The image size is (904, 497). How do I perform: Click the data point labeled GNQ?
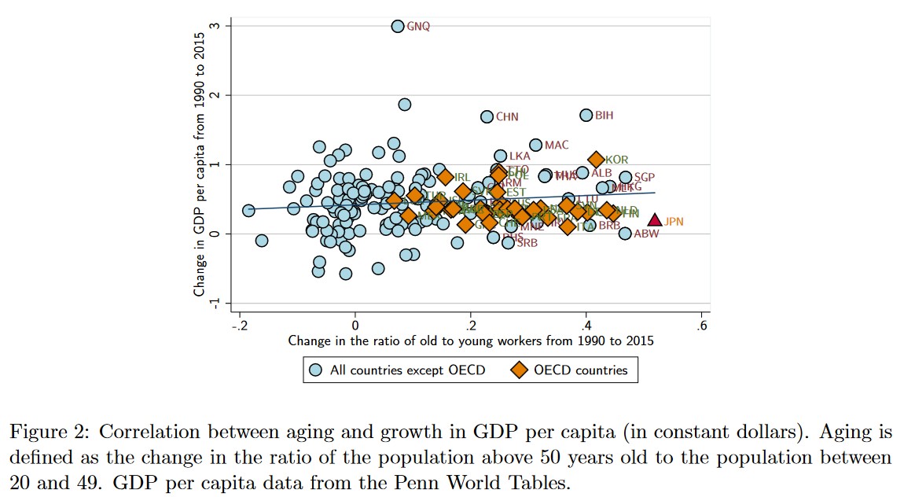click(398, 26)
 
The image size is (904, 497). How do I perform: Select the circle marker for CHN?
click(487, 116)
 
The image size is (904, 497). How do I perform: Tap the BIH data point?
click(586, 115)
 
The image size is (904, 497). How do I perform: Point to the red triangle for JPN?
click(654, 221)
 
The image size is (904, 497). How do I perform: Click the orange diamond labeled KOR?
click(597, 160)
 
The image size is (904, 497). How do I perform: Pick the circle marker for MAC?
click(535, 145)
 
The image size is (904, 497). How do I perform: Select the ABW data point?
click(625, 233)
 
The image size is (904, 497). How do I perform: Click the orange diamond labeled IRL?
click(446, 177)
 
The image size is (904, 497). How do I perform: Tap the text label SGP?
click(645, 177)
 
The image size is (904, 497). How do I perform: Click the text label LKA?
click(520, 156)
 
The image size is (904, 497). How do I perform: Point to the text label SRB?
click(527, 243)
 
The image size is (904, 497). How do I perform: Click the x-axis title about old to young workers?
click(471, 341)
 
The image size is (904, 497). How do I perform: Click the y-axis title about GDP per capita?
click(200, 159)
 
